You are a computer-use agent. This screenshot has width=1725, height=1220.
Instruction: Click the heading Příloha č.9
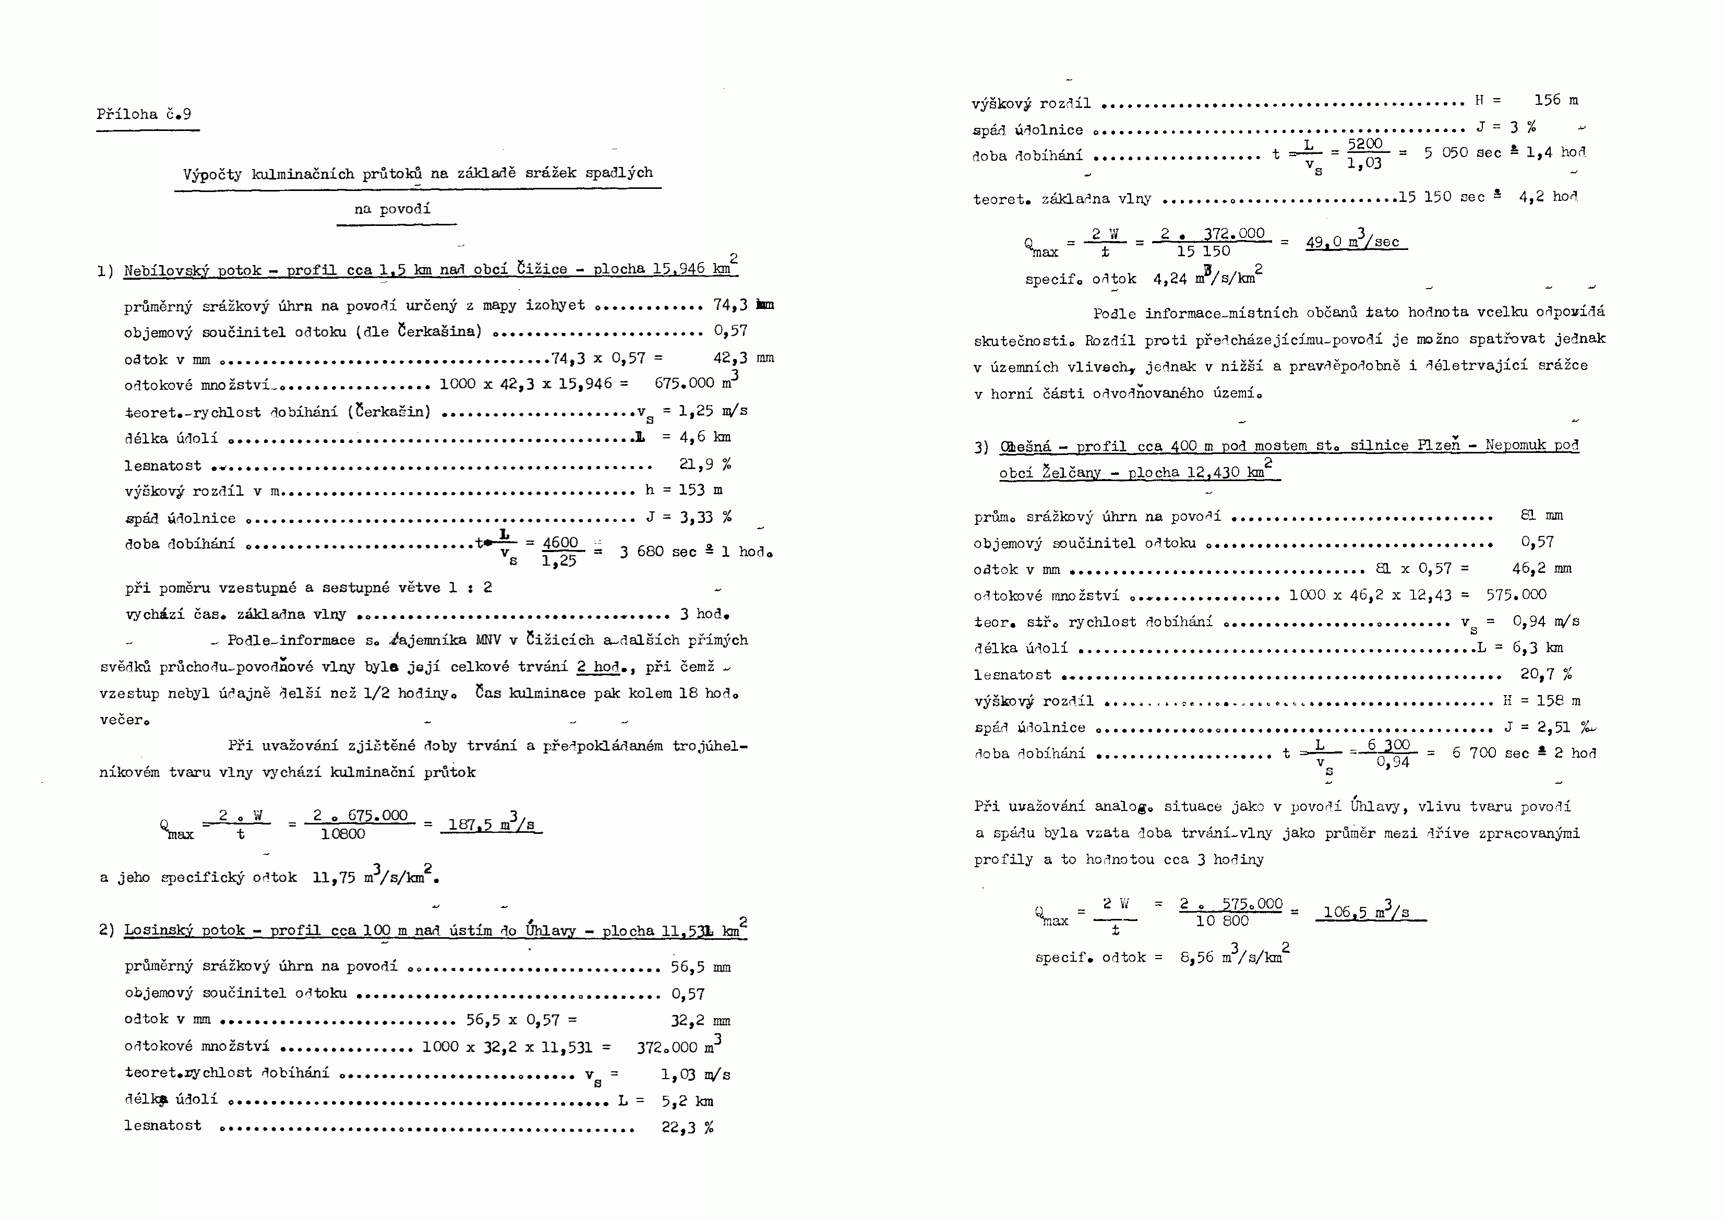tap(143, 114)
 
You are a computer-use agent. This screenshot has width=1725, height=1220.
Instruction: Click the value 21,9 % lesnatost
tap(705, 464)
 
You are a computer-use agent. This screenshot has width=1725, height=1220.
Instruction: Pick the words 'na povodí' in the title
tap(392, 209)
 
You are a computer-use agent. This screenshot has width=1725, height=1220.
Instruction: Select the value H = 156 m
tap(1526, 100)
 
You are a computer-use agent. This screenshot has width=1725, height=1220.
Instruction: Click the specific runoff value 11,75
tap(333, 878)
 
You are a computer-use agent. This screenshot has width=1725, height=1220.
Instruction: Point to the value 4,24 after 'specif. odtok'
tap(1170, 279)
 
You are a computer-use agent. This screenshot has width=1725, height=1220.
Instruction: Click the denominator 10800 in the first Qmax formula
tap(343, 834)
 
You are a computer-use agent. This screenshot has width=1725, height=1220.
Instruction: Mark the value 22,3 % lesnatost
tap(687, 1127)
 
